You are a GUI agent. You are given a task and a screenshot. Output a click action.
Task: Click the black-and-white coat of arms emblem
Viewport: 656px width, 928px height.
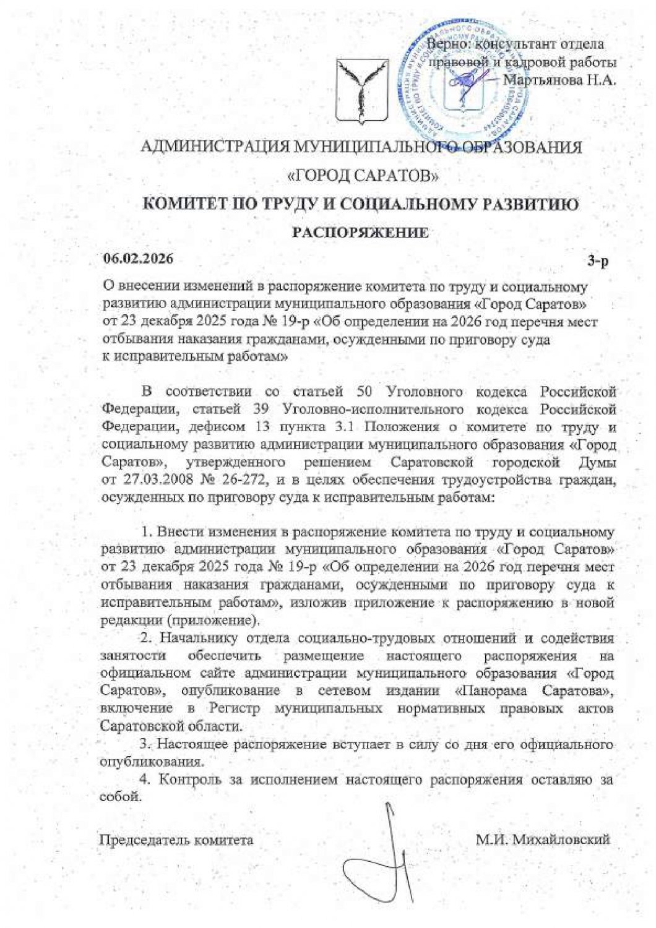(x=361, y=90)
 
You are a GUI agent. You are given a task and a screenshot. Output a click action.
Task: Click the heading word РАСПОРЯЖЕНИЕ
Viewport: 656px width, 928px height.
(x=360, y=233)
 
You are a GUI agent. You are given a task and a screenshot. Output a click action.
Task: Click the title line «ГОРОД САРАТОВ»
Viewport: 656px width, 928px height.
(x=364, y=176)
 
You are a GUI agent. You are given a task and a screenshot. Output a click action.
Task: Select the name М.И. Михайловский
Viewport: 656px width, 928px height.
(x=543, y=840)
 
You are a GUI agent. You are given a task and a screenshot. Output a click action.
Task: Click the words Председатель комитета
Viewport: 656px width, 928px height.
(x=176, y=840)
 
